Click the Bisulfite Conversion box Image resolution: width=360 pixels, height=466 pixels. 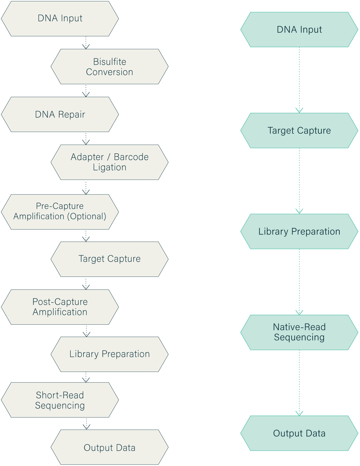point(109,67)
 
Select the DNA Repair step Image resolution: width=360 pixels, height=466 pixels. point(60,114)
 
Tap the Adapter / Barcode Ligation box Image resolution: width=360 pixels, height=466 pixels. point(109,162)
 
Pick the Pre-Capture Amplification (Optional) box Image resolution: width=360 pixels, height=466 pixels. point(60,211)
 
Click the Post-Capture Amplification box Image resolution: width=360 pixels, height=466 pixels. point(60,307)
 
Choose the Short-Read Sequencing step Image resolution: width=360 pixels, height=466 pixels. point(60,400)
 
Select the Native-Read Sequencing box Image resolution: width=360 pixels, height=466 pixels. point(299,332)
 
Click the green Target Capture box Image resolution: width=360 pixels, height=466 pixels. point(299,131)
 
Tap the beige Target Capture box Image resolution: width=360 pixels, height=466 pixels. point(109,259)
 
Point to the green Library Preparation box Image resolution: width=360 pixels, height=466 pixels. point(299,232)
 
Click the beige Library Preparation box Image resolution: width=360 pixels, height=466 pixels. point(109,354)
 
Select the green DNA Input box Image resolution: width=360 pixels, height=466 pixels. point(299,30)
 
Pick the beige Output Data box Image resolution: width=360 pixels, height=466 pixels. point(109,448)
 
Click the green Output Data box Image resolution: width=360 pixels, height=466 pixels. point(299,433)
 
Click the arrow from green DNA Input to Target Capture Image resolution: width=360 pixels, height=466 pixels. point(299,80)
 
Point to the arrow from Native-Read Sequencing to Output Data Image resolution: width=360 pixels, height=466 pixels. point(299,383)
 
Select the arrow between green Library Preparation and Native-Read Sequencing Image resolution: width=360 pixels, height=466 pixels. point(299,282)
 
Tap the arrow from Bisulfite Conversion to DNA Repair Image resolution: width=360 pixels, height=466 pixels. point(86,91)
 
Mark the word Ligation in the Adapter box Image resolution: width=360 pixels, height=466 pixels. point(109,168)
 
